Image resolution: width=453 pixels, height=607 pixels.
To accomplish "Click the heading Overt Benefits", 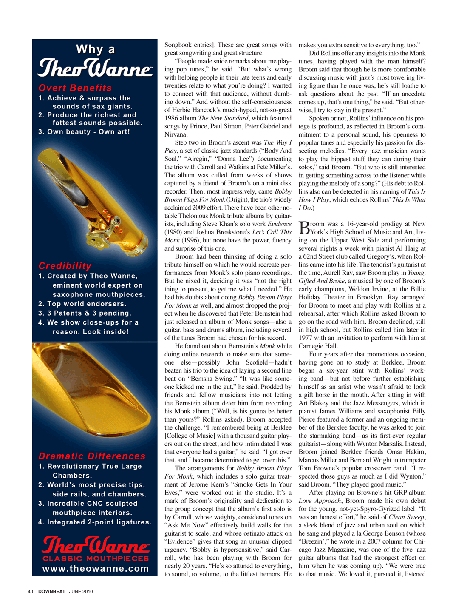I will [75, 88].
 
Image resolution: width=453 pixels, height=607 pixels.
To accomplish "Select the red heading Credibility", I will [65, 266].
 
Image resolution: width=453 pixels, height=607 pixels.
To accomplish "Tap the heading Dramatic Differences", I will [92, 456].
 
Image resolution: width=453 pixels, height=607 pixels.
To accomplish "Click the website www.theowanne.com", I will [96, 569].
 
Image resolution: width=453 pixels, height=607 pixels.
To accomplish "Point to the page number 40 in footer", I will [30, 591].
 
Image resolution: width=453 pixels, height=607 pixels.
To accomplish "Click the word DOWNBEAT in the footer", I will [51, 591].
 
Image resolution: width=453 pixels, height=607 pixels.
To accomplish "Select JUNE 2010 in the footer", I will [81, 591].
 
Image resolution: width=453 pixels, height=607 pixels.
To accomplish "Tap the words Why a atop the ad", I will [95, 49].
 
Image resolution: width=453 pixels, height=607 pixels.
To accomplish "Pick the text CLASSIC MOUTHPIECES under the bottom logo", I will [96, 558].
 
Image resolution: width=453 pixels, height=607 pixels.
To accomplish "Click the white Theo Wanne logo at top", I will [95, 68].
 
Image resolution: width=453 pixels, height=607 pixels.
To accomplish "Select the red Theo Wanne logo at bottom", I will [95, 545].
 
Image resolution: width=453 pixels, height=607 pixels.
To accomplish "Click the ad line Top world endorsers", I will [87, 304].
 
